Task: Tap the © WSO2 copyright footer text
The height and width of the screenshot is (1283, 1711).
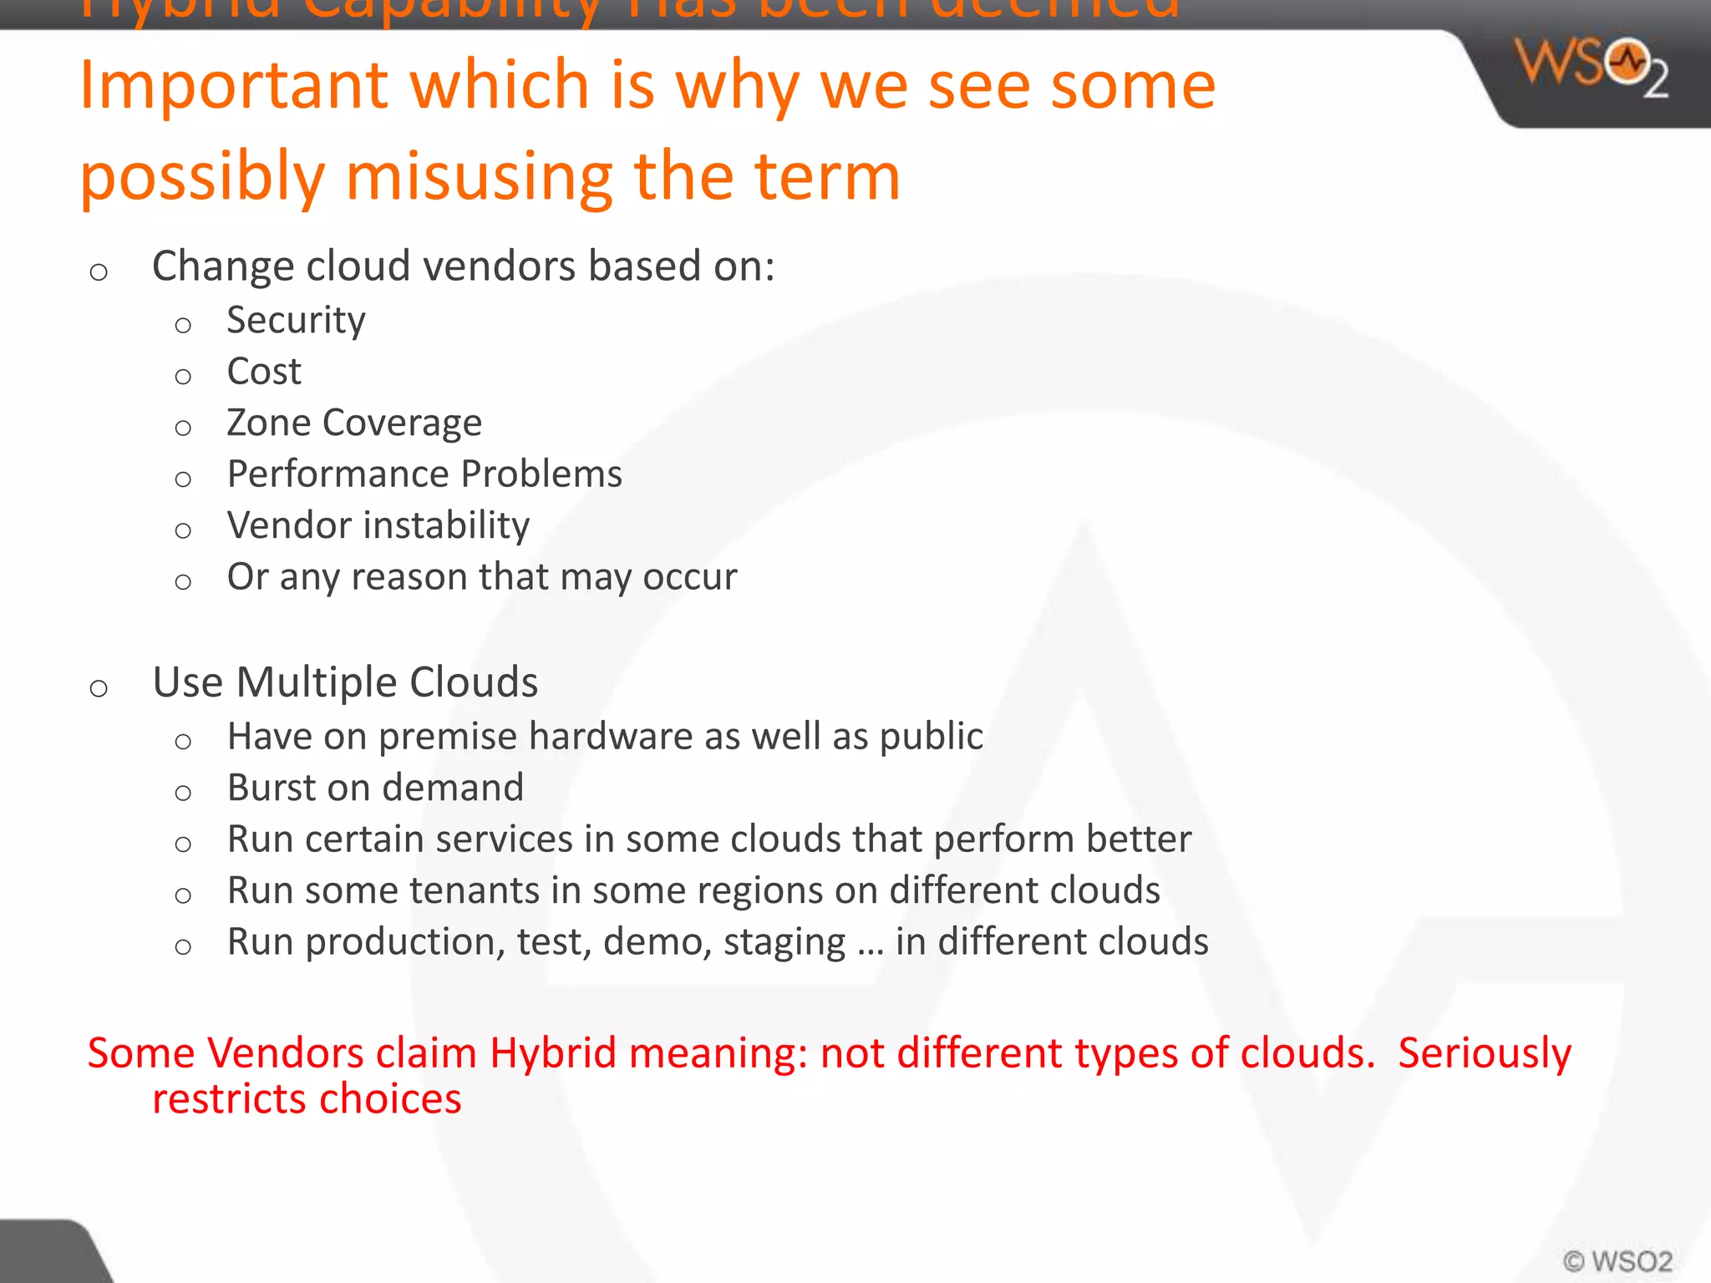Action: click(1617, 1260)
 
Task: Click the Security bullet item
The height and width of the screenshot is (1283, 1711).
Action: click(296, 321)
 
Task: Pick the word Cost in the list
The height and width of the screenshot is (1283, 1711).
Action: click(264, 372)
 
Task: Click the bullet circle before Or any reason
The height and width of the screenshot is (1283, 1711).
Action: click(183, 581)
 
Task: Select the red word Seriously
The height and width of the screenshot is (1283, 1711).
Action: click(1484, 1052)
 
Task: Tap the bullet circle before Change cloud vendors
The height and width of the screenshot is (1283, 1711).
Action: click(99, 271)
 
